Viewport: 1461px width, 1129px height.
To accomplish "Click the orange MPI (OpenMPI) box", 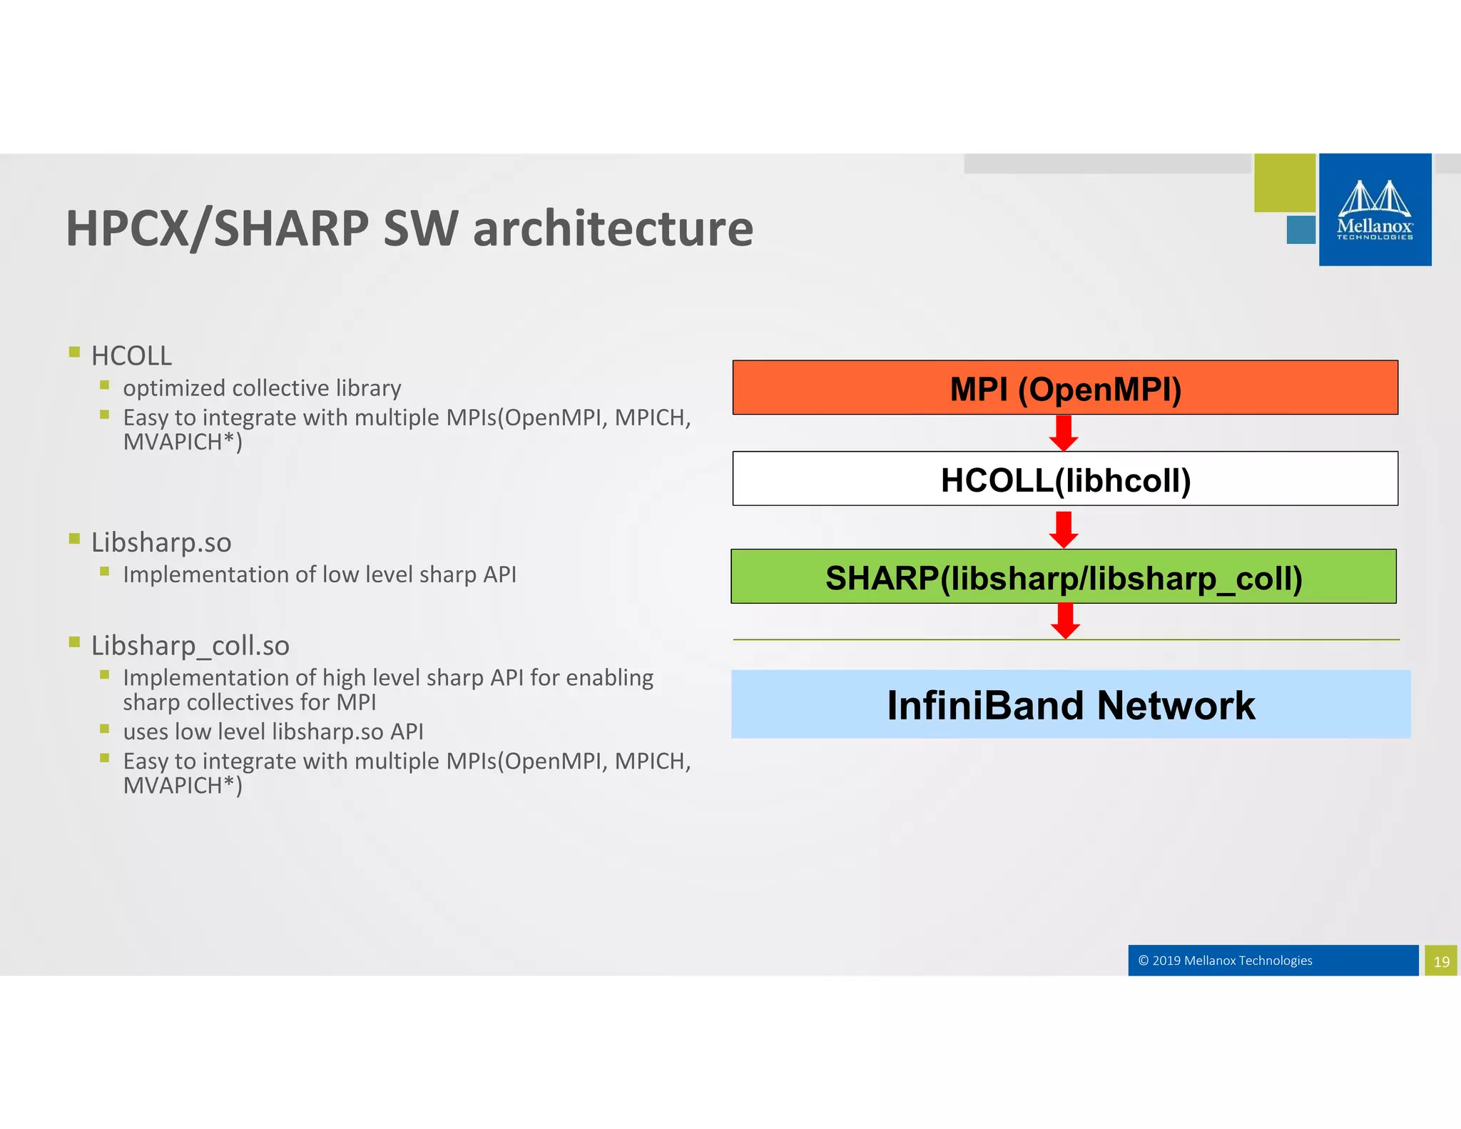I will (1064, 388).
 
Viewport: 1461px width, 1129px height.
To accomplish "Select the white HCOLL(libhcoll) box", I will (1064, 479).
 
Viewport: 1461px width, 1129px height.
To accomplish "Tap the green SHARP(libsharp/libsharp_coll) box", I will (1063, 577).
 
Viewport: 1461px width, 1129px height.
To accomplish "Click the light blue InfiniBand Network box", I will (1070, 704).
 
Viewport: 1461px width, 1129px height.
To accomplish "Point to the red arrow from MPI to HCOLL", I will (1064, 432).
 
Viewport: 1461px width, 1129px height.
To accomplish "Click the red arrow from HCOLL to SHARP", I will (1064, 529).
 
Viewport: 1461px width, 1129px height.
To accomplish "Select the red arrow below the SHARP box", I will (1065, 620).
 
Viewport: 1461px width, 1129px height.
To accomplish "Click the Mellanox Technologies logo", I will (1375, 210).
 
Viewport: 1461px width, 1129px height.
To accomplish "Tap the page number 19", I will (1441, 961).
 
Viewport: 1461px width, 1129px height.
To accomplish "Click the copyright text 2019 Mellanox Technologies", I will (1226, 961).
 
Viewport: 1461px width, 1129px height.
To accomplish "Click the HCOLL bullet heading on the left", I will (131, 355).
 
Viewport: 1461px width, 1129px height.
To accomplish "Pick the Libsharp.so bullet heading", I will (161, 542).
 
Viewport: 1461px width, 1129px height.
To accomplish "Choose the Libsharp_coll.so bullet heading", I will (190, 645).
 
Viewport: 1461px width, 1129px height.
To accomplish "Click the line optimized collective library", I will (262, 388).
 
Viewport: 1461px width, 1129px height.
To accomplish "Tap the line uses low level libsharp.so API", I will (273, 731).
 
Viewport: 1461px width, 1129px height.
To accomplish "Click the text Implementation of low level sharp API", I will (319, 574).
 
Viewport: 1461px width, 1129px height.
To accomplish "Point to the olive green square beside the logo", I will (1284, 183).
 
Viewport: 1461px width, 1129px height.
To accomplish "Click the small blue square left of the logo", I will (1300, 230).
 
